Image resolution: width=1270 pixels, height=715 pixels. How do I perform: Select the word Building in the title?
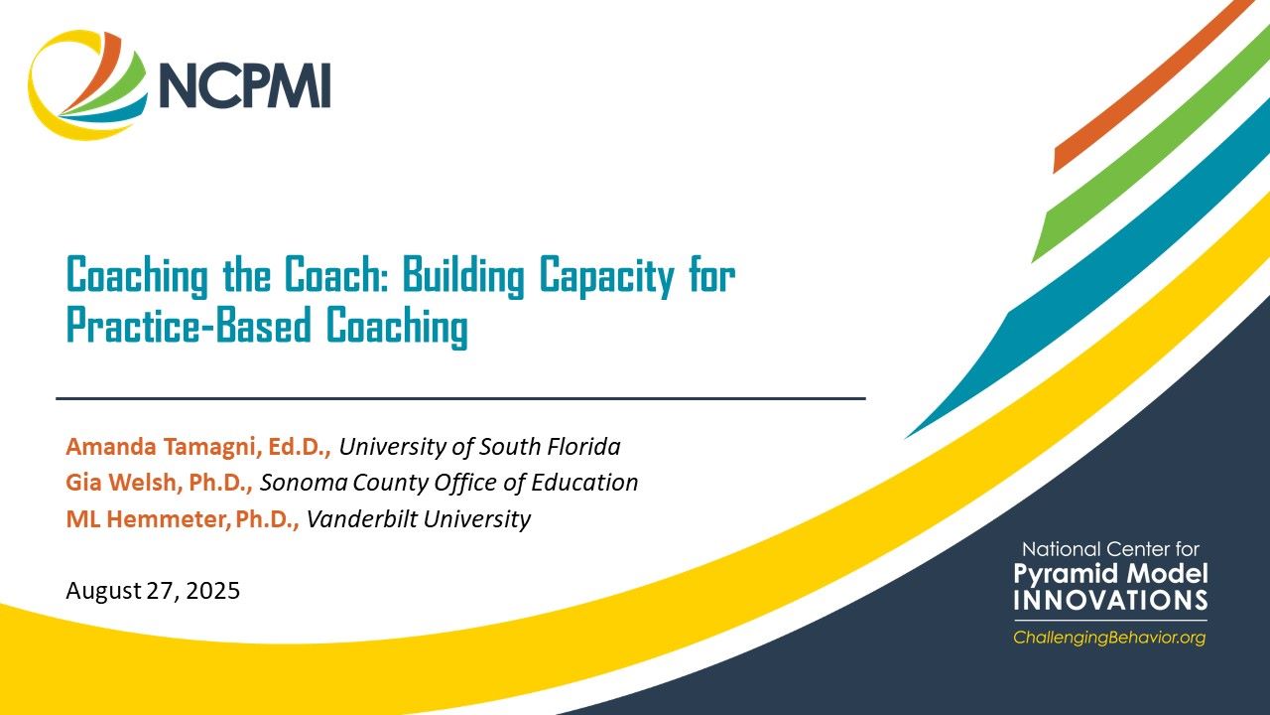461,276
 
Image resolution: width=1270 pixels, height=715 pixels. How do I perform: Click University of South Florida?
479,447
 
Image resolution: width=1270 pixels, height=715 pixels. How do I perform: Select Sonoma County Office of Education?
448,483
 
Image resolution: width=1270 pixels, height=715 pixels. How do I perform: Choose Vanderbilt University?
418,518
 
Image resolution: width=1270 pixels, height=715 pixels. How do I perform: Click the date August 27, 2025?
153,591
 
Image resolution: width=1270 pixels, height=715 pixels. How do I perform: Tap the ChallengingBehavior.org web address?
1108,638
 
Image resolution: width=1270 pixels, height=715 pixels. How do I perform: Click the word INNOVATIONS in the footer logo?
1110,601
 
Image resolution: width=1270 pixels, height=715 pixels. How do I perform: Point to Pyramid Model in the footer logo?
1110,574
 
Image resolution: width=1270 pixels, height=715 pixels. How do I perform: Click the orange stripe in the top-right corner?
1151,89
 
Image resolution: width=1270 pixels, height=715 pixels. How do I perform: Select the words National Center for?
1110,549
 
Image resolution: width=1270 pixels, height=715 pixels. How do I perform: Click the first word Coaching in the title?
137,276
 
